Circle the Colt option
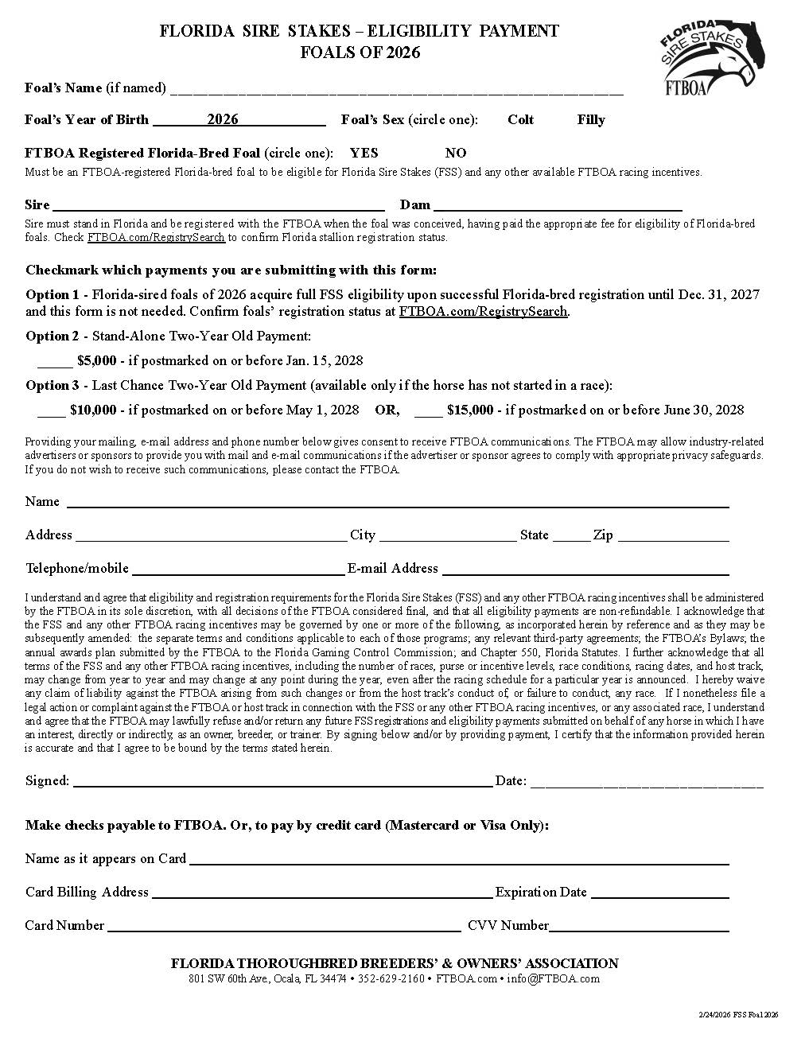pyautogui.click(x=520, y=120)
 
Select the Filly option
pyautogui.click(x=591, y=120)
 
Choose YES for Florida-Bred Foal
pyautogui.click(x=364, y=154)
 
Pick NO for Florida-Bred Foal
pyautogui.click(x=456, y=154)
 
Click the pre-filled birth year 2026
pyautogui.click(x=223, y=119)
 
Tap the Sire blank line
pyautogui.click(x=218, y=207)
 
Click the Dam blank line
pyautogui.click(x=558, y=207)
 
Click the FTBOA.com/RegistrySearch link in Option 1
pyautogui.click(x=484, y=312)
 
